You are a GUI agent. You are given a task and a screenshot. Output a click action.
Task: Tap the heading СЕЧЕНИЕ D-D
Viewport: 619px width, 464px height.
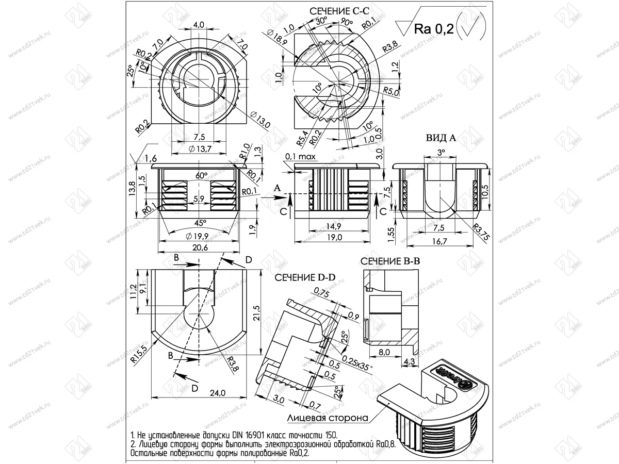[305, 277]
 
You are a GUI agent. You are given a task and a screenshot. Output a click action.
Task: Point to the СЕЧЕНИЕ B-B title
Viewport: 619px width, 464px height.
[390, 262]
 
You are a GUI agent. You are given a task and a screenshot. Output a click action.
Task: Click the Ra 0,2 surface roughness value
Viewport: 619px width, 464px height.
[433, 30]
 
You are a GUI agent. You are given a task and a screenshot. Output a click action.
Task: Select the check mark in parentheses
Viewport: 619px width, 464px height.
[470, 29]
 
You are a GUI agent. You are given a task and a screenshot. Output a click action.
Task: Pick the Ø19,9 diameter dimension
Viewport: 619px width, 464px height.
[198, 237]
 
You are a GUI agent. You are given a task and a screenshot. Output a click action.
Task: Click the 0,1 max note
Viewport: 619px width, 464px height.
[300, 156]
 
